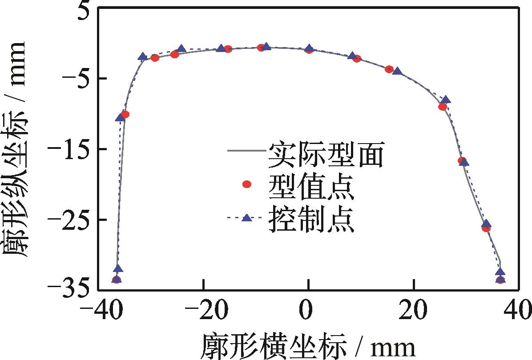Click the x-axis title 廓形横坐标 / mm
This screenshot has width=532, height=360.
[309, 344]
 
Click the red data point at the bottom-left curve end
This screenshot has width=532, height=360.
[117, 280]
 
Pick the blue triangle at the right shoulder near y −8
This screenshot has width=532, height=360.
[445, 100]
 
